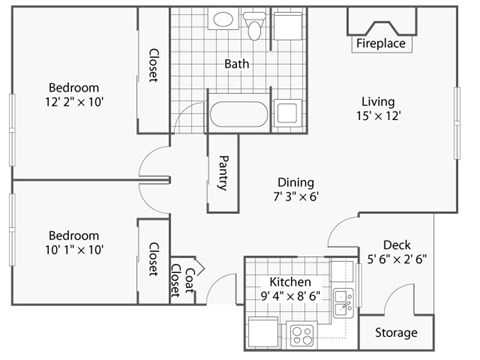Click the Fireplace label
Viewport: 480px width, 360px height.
381,44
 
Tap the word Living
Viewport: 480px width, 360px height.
378,101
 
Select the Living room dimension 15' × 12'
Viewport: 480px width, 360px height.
378,117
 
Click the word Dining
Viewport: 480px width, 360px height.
296,182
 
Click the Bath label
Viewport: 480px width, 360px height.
237,64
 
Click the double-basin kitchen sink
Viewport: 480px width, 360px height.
343,298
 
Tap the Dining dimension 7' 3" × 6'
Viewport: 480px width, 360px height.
296,198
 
